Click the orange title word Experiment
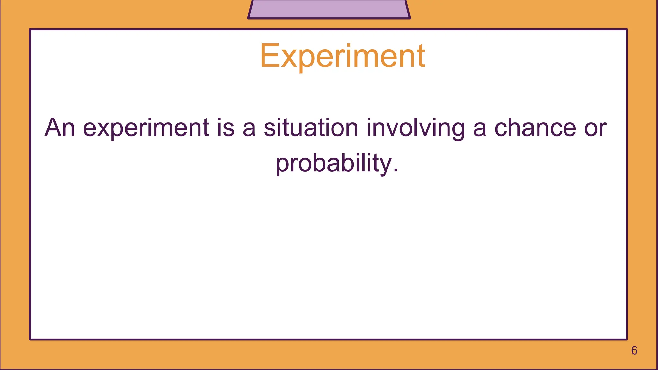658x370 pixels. (x=342, y=57)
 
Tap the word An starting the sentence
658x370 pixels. (x=60, y=128)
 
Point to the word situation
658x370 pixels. (x=311, y=128)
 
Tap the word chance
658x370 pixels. (x=535, y=128)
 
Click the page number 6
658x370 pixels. (x=634, y=350)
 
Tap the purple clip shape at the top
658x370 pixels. (x=329, y=9)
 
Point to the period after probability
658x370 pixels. (x=395, y=171)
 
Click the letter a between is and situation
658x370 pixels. (x=249, y=128)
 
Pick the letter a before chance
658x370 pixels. (x=480, y=128)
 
